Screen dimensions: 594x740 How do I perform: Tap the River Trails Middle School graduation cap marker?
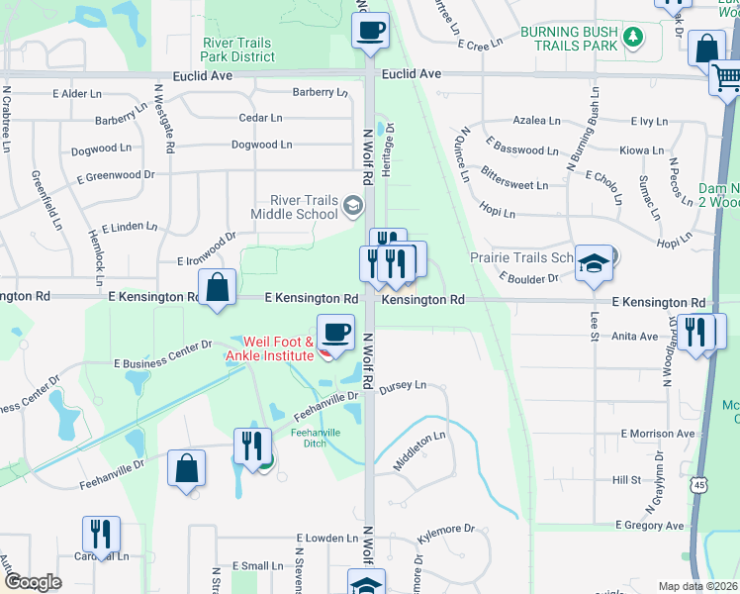(351, 206)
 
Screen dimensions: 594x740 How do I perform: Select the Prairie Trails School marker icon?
(594, 263)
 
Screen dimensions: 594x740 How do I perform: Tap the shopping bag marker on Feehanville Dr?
(186, 468)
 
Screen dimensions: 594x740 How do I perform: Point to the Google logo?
(33, 582)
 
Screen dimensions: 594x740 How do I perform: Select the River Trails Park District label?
(238, 49)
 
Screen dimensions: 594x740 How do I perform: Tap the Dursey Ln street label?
(402, 385)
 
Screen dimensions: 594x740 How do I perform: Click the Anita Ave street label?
(634, 336)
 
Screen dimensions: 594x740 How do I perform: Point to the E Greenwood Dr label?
(116, 175)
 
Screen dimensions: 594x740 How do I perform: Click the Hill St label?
(626, 479)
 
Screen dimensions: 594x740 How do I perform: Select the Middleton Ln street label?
(419, 450)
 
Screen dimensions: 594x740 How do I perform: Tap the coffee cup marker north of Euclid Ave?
(371, 30)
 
